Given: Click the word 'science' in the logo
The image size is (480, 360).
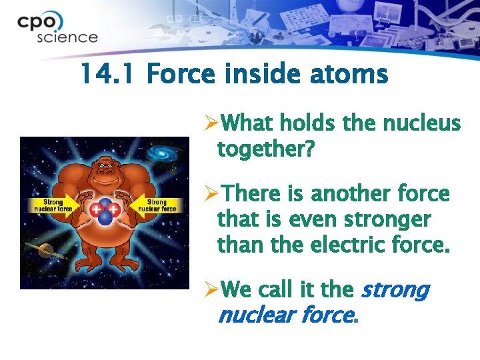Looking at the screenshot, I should (67, 37).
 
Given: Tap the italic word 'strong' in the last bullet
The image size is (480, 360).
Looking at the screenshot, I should (395, 290).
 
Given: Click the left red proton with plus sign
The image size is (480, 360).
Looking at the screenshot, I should (98, 211).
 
